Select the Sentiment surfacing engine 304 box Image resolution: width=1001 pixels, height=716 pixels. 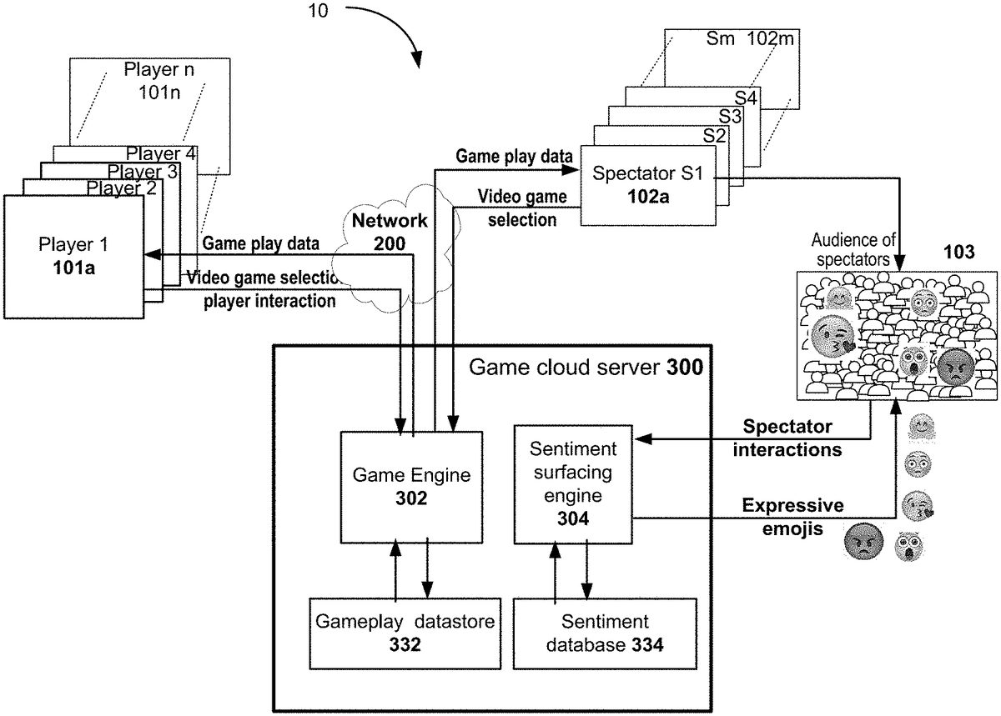coord(573,484)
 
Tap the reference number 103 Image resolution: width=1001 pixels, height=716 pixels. coord(958,253)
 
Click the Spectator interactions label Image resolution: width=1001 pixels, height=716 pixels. coord(787,438)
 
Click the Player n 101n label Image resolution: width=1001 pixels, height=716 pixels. coord(158,79)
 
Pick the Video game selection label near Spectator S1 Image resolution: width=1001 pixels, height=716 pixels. coord(521,208)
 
